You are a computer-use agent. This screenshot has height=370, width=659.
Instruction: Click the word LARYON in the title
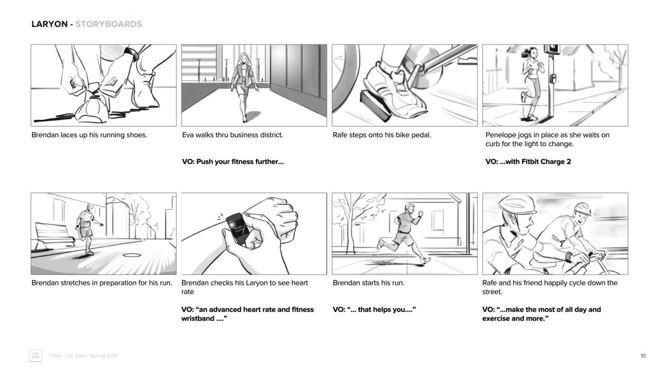(49, 24)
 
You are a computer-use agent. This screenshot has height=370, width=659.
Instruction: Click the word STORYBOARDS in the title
(108, 24)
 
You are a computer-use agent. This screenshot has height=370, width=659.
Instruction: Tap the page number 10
(643, 356)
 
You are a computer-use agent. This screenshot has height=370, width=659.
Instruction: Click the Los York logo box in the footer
(36, 356)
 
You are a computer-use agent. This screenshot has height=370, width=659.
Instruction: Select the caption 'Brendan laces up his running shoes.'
(89, 135)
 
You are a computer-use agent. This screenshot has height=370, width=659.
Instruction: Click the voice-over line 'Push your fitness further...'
(240, 162)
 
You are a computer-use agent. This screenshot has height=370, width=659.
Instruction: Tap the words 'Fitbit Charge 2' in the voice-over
(546, 162)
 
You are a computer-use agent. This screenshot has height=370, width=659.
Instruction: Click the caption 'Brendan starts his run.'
(369, 283)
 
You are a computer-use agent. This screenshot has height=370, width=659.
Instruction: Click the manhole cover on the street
(132, 255)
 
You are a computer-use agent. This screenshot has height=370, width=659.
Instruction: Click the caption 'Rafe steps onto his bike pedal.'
(382, 135)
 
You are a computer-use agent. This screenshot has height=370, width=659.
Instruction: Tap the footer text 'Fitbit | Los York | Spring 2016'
(83, 356)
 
